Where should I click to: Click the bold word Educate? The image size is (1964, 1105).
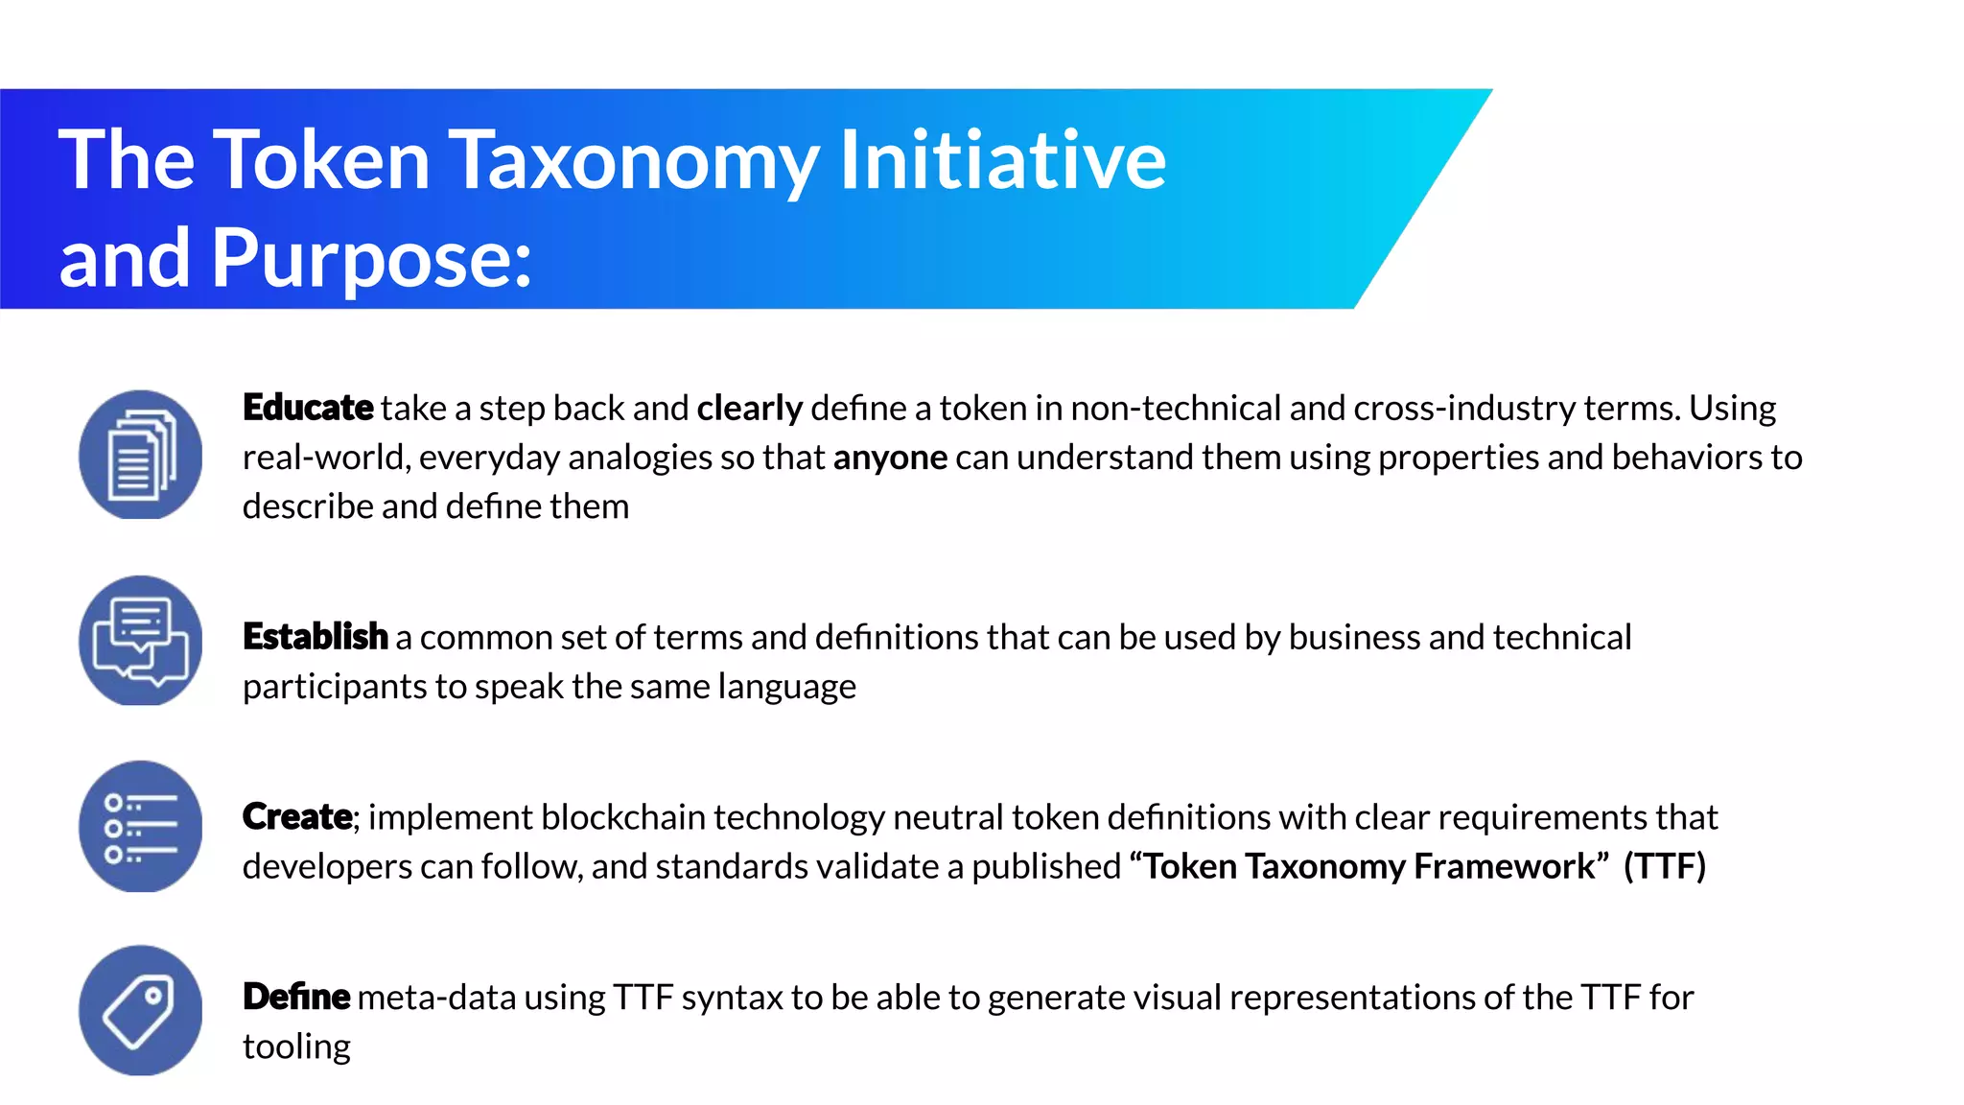(308, 408)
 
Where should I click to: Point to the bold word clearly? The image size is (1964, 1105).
(749, 409)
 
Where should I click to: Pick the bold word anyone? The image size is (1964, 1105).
(890, 458)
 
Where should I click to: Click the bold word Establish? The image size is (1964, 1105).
(315, 637)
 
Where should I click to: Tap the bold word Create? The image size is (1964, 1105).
(297, 817)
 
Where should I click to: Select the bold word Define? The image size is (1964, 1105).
(296, 998)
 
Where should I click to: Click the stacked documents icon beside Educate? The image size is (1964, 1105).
(141, 455)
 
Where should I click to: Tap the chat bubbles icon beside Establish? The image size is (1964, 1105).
(141, 641)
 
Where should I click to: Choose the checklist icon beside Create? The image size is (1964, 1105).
(141, 827)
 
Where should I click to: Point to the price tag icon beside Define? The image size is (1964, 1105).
(141, 1011)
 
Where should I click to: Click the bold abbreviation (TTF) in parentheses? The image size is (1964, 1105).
(1665, 866)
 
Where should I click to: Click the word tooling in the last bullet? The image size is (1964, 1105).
(296, 1046)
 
